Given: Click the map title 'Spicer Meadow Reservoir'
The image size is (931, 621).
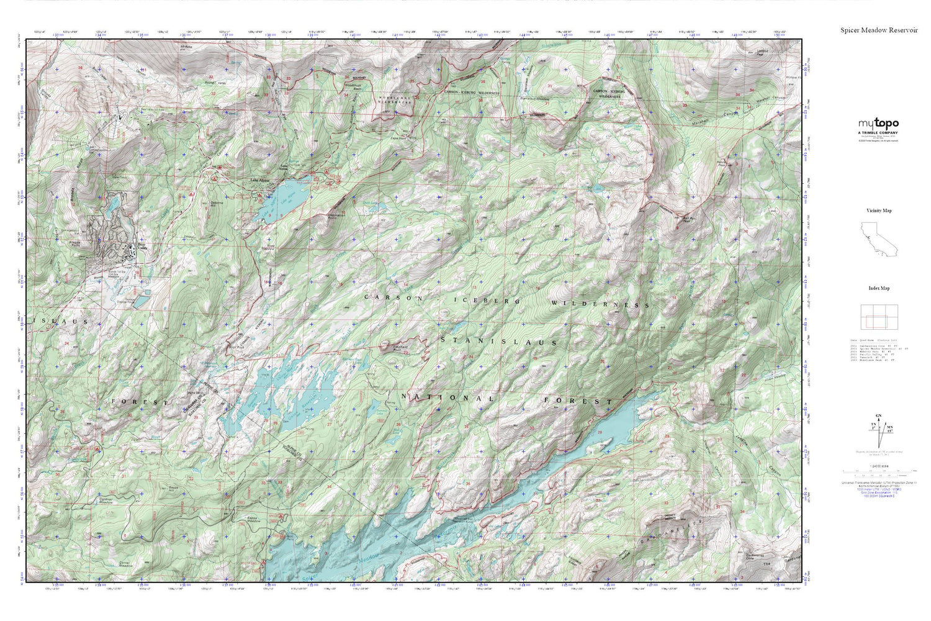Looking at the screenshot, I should point(878,30).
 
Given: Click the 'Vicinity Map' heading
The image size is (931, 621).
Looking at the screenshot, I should point(878,211).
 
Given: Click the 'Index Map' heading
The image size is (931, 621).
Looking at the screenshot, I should point(878,288).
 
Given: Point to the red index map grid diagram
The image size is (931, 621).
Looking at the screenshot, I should point(878,318).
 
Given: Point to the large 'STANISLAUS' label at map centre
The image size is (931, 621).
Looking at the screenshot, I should point(498,342).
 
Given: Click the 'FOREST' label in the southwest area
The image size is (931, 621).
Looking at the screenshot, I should point(140,402).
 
